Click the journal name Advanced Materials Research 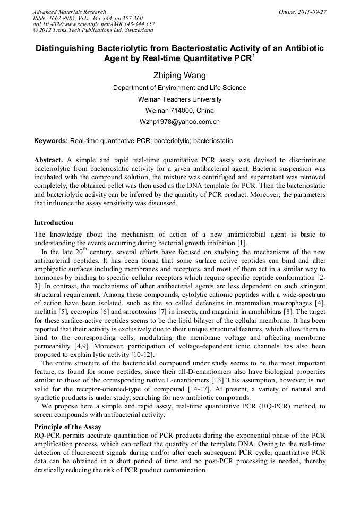(x=69, y=12)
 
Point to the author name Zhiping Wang (x=179, y=75)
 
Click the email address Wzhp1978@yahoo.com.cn (x=179, y=122)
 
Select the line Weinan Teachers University (x=179, y=99)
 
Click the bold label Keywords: (x=51, y=141)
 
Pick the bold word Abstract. (x=48, y=160)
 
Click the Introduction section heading (x=54, y=223)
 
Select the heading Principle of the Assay (x=67, y=427)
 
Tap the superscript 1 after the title (x=253, y=55)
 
